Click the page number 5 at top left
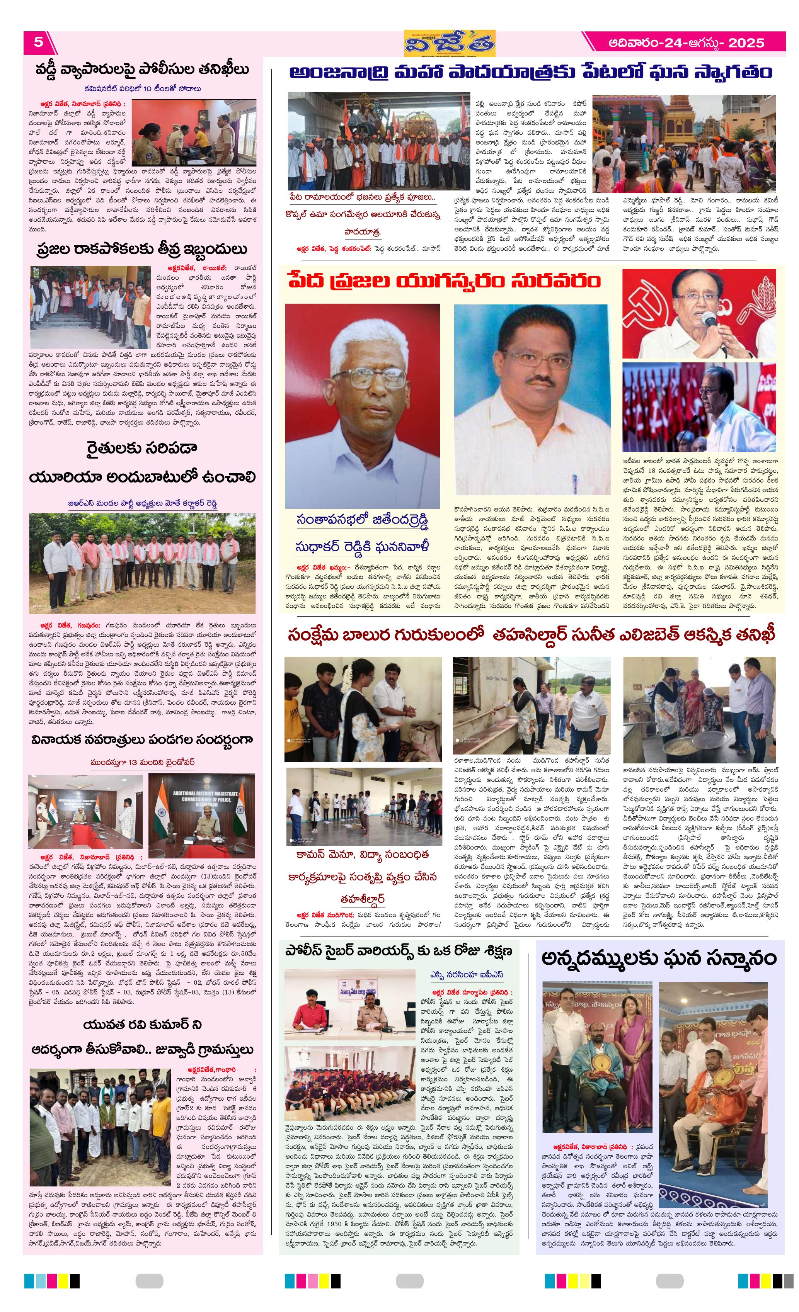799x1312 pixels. point(38,42)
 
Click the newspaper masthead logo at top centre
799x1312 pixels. point(449,43)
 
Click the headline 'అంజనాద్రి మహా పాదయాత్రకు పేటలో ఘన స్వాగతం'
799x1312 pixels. point(530,73)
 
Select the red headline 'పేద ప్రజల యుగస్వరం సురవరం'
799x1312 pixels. point(444,280)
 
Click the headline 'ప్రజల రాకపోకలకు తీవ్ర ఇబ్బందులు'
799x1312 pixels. point(142,249)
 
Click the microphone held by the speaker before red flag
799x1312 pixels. point(710,320)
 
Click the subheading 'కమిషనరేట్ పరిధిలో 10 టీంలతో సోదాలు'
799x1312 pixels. point(142,88)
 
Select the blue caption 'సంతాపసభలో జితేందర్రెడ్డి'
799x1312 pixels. point(362,519)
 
